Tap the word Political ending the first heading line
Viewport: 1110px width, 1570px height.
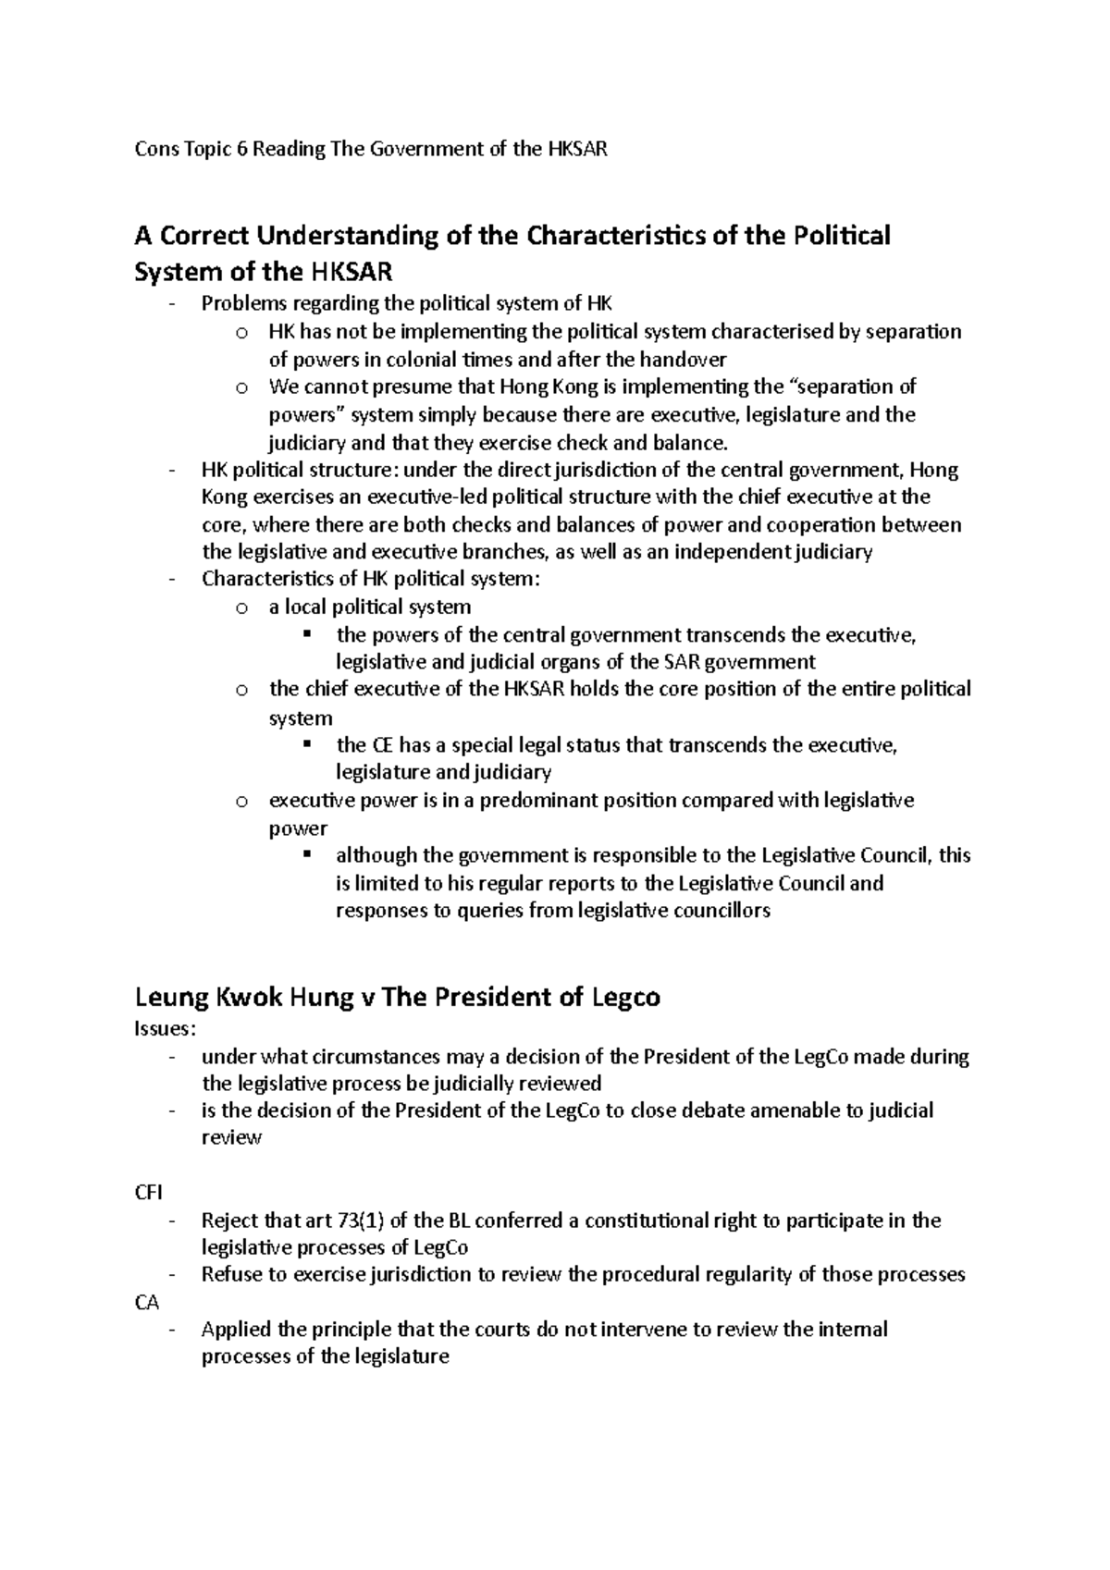pyautogui.click(x=842, y=236)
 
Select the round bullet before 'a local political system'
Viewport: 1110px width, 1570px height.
pyautogui.click(x=241, y=608)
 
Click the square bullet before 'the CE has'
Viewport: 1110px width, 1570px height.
pyautogui.click(x=308, y=744)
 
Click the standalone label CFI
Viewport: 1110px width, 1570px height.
pyautogui.click(x=148, y=1193)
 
